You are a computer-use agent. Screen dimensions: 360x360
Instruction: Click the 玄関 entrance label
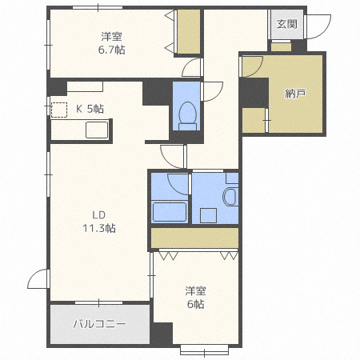286,24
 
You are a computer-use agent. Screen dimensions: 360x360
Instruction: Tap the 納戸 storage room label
295,94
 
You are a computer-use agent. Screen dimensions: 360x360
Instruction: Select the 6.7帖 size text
112,50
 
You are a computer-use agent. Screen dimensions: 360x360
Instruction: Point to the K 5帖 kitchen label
90,109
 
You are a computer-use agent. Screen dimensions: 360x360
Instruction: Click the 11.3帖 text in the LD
99,228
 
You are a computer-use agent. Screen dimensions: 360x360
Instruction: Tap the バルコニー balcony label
99,324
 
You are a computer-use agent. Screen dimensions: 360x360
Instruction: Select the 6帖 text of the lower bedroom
196,304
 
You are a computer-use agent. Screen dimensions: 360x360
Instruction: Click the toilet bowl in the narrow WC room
187,115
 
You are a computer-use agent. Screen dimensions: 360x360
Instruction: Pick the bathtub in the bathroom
169,212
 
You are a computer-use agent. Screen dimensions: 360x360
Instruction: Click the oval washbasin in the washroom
230,197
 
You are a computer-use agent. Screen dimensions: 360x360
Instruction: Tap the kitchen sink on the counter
97,130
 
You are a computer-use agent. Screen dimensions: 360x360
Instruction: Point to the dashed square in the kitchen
59,110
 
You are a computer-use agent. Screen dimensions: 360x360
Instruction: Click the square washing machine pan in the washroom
208,215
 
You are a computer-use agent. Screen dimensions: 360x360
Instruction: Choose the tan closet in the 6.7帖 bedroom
189,32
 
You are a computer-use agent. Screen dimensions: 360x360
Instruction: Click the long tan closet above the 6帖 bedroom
194,238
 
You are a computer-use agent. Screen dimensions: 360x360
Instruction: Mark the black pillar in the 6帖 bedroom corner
162,334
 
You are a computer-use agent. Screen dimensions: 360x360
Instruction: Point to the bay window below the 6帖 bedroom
204,350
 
